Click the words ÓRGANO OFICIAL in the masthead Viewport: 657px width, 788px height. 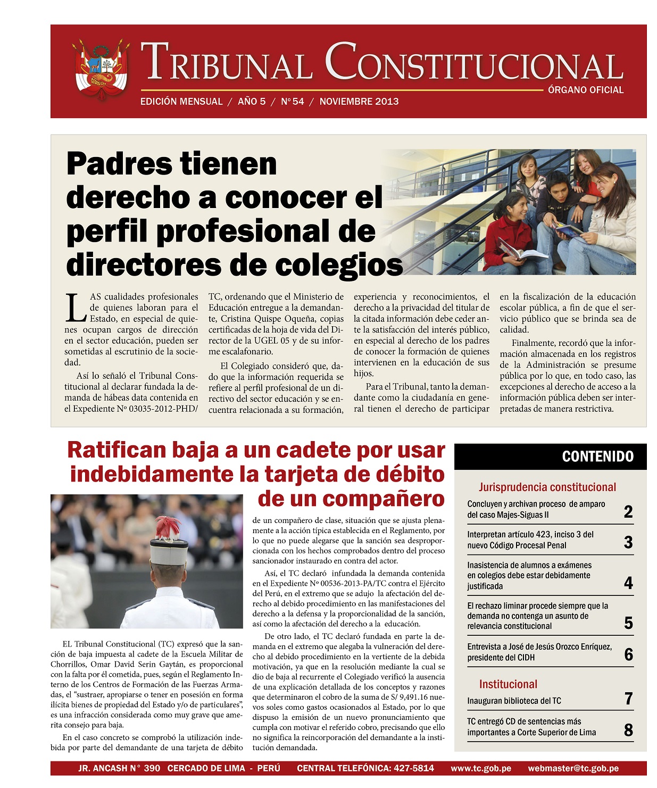point(586,90)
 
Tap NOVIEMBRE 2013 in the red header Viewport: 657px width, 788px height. point(359,102)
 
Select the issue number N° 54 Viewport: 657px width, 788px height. point(293,102)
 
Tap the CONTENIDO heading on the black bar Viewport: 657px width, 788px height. point(597,457)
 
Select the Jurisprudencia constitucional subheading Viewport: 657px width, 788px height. point(547,487)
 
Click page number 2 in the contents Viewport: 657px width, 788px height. point(628,512)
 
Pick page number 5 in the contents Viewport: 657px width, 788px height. point(628,623)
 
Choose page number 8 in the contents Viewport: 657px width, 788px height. point(628,730)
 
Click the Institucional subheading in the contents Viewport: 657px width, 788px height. point(508,684)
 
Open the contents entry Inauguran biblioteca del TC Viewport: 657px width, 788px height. point(514,701)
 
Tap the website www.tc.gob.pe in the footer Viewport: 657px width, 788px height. point(481,768)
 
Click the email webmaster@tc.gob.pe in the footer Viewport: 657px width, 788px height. point(573,768)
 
